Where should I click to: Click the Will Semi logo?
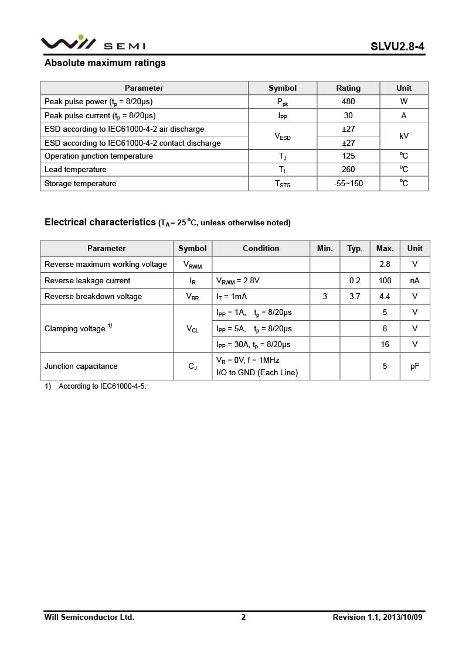tap(93, 43)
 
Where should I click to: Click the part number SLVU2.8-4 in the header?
tap(397, 46)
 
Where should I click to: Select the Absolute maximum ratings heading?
tap(105, 63)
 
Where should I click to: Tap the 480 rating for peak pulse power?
tap(348, 101)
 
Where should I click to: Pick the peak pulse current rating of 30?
tap(348, 115)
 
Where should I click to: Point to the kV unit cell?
tap(404, 136)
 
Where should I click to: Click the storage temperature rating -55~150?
tap(348, 183)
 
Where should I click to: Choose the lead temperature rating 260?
tap(348, 169)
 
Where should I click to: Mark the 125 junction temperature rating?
tap(348, 156)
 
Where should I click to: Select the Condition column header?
tap(261, 248)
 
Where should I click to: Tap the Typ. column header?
tap(355, 248)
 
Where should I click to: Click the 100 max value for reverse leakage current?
tap(385, 280)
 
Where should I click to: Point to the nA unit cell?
tap(414, 280)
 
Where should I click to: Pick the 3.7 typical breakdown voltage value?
tap(355, 296)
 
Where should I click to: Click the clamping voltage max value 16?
tap(385, 344)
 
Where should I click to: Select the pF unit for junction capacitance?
tap(414, 366)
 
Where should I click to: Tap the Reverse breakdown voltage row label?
tap(93, 296)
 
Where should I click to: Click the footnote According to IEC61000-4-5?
tap(102, 386)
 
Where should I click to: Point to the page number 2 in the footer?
tap(243, 617)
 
